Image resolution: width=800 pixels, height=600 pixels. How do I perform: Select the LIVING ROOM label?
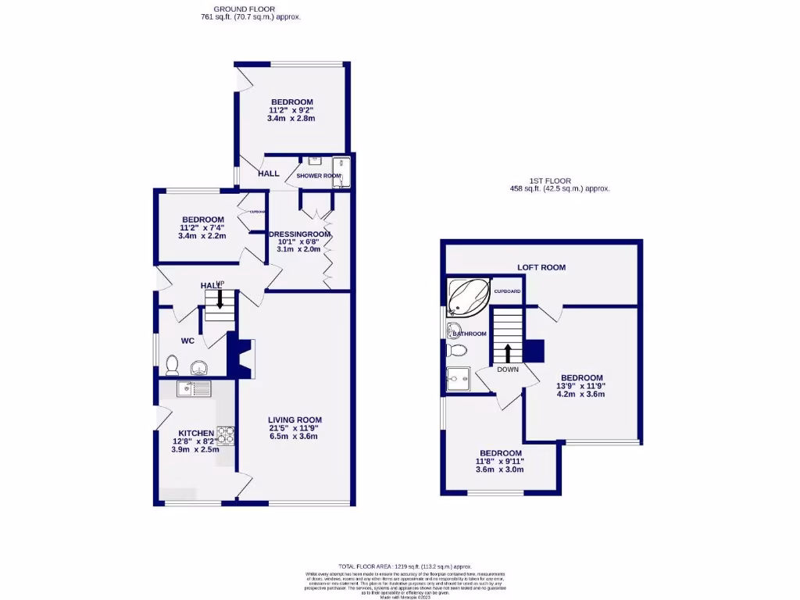pyautogui.click(x=295, y=420)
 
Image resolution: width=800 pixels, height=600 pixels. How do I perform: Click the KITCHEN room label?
pyautogui.click(x=196, y=433)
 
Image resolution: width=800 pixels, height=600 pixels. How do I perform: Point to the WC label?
pyautogui.click(x=187, y=341)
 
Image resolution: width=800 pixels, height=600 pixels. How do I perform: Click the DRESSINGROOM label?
pyautogui.click(x=299, y=234)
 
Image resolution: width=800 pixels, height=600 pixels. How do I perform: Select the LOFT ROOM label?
pyautogui.click(x=541, y=267)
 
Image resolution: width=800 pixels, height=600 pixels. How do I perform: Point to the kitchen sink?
pyautogui.click(x=195, y=387)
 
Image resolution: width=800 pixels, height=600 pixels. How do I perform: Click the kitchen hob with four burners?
pyautogui.click(x=226, y=434)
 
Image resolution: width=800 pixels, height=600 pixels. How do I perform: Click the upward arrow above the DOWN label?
pyautogui.click(x=508, y=352)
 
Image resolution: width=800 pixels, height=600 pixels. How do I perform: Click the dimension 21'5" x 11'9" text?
pyautogui.click(x=295, y=428)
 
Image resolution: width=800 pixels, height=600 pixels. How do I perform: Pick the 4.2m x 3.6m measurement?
pyautogui.click(x=580, y=395)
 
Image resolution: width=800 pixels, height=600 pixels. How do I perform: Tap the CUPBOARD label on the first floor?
pyautogui.click(x=506, y=291)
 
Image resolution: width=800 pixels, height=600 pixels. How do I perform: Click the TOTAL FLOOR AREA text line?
pyautogui.click(x=405, y=566)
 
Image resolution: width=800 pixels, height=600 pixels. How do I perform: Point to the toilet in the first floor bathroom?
pyautogui.click(x=458, y=351)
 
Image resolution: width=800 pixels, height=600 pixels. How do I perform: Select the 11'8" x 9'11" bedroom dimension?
pyautogui.click(x=500, y=462)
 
